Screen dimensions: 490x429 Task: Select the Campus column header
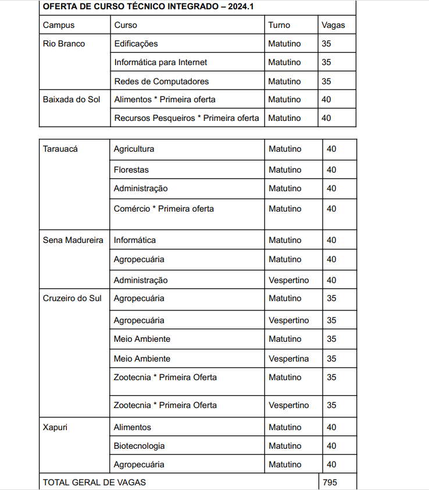coord(59,25)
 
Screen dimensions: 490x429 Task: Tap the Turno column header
coord(279,25)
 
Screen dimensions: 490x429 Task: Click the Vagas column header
coord(333,25)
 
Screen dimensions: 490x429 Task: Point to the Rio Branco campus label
coord(64,44)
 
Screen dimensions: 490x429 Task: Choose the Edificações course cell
coord(136,44)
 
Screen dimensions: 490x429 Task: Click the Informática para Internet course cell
coord(160,62)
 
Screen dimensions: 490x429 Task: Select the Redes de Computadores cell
coord(162,81)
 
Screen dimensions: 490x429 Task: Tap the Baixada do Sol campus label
coord(71,99)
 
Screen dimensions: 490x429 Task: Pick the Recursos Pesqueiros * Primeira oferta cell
coord(187,118)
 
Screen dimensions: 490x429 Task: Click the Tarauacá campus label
coord(60,149)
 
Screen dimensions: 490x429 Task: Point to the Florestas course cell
coord(131,170)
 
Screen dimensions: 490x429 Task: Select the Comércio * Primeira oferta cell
coord(164,209)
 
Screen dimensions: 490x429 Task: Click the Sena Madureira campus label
coord(73,240)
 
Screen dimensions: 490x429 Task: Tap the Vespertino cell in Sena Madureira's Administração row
coord(289,280)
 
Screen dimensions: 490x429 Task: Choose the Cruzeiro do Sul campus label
coord(72,298)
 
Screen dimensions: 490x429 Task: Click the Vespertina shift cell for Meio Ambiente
coord(289,359)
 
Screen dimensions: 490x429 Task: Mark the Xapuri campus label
coord(56,427)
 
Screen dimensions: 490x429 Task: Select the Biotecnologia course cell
coord(139,446)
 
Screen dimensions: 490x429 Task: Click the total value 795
coord(330,482)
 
